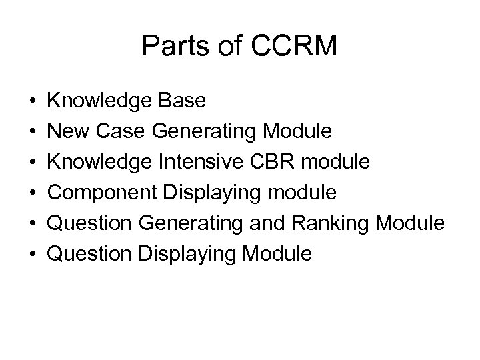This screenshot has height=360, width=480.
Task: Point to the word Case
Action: pos(121,131)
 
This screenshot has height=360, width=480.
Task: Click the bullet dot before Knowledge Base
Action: pos(33,101)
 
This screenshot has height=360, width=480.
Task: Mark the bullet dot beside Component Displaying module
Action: pos(33,193)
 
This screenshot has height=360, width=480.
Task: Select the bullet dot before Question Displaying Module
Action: pos(33,254)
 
